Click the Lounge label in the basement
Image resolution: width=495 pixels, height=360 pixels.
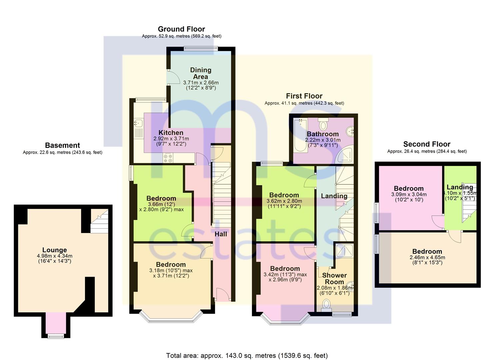[55, 250]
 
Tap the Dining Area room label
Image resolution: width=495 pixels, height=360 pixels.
[201, 73]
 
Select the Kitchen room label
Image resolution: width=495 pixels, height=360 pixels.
[171, 133]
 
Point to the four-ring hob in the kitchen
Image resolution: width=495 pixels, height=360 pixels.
[168, 158]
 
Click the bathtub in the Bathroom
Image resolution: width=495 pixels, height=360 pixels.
[300, 135]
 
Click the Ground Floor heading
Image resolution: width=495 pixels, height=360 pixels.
[181, 29]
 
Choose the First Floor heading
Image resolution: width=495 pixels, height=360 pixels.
[304, 96]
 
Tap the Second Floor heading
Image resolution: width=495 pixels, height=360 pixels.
[427, 144]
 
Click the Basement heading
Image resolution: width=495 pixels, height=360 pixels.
[63, 145]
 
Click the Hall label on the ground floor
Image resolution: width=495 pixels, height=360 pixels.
[221, 234]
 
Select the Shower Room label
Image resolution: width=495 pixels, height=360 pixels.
[334, 278]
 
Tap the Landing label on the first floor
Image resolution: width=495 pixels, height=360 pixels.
[334, 196]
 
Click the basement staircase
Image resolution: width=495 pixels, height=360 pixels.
[99, 221]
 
